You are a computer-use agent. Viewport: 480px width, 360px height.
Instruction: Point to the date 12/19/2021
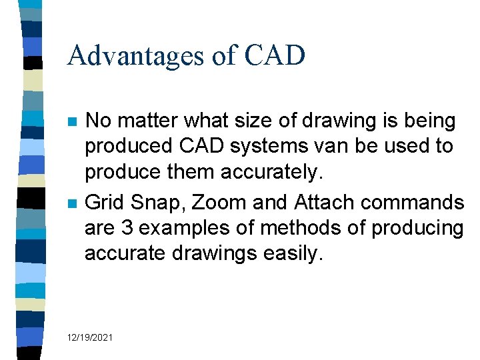pyautogui.click(x=90, y=338)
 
